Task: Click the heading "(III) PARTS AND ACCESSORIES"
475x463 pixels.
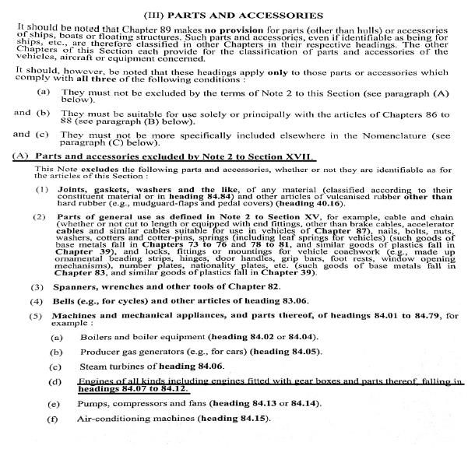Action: click(237, 15)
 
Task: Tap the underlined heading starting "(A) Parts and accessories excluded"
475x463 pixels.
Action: click(164, 156)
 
